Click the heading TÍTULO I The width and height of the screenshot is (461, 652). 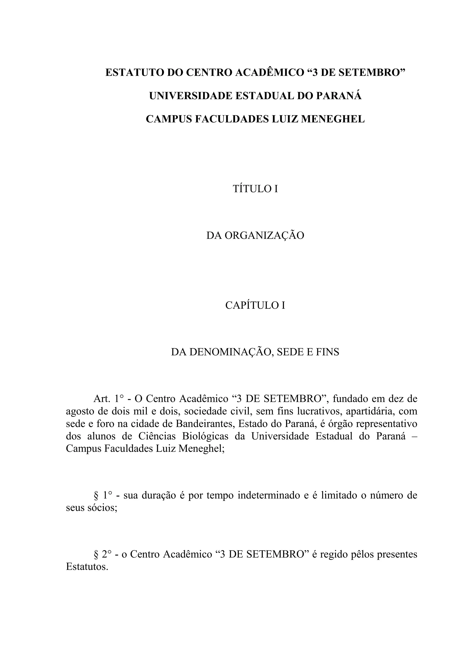point(255,189)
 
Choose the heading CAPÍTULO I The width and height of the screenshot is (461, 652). point(255,305)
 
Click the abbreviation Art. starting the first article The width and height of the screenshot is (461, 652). point(102,399)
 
